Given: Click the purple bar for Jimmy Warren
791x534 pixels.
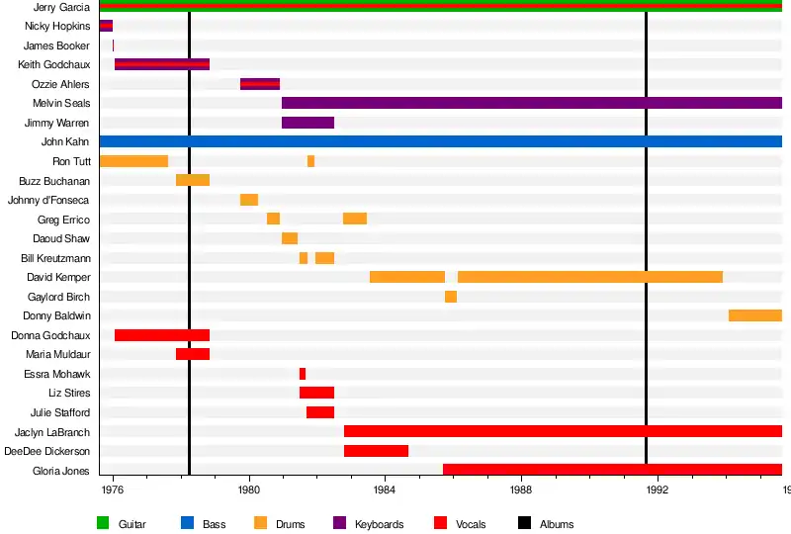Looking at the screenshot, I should coord(308,123).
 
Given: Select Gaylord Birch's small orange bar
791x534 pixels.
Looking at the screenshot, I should coord(451,297).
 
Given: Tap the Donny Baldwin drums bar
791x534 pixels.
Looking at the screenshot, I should coord(755,315).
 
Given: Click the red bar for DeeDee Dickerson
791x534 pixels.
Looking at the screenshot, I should coord(376,451).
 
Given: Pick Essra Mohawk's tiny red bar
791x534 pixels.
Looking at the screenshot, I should coord(303,374).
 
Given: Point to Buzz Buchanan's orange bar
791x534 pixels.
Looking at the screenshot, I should coord(193,180).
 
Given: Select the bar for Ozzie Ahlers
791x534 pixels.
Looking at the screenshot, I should coord(260,84).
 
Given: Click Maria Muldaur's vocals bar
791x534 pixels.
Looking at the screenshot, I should coord(193,354).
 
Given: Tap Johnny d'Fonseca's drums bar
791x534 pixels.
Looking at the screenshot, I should coord(249,200).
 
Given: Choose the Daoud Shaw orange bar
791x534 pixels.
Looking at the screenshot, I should coord(290,238).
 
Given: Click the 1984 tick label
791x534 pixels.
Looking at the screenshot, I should coord(385,489).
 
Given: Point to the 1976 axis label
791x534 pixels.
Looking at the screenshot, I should coord(113,489).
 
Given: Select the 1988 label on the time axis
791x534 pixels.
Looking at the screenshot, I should coord(521,489).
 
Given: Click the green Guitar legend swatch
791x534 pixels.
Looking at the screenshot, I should coord(103,523).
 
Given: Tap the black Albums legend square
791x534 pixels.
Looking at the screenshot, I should coord(524,523).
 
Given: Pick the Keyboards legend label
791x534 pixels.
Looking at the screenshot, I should coord(379,524).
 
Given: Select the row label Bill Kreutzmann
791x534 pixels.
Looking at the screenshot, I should coord(55,258).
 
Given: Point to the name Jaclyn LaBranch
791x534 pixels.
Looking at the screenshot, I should coord(52,432).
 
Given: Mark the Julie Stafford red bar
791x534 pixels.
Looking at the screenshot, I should coord(320,412).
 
